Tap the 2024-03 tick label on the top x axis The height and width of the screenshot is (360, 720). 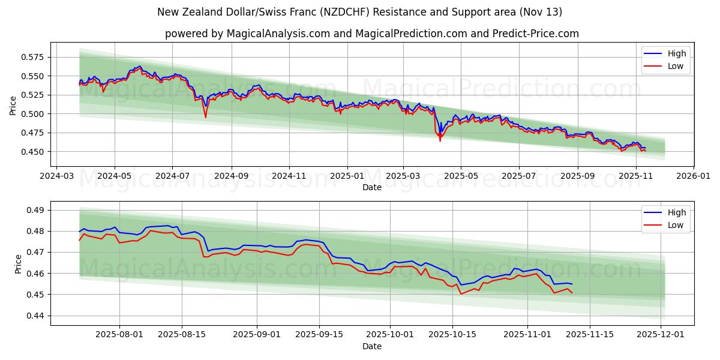coord(56,177)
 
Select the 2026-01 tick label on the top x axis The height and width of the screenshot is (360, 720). coord(694,177)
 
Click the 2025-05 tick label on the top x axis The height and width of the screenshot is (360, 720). coord(461,177)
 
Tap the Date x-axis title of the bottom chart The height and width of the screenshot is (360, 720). coord(372,347)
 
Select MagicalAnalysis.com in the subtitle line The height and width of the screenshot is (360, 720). coord(278,34)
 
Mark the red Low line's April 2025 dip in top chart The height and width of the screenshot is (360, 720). coord(440,140)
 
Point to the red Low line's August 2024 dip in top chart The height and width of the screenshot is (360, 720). coord(205,117)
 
